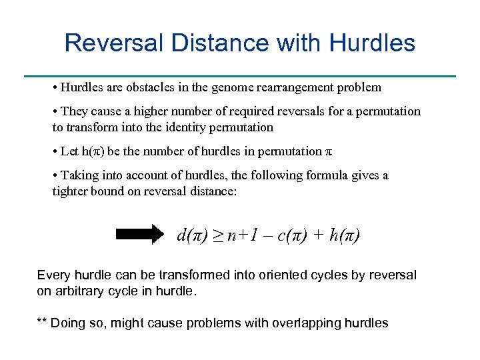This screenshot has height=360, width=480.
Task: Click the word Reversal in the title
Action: coord(114,43)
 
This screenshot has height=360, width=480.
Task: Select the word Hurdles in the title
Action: coord(372,43)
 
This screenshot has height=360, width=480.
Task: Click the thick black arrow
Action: coord(139,234)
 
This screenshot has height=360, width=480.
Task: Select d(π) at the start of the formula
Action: coord(192,235)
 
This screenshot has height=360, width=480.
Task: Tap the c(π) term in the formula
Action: coord(287,235)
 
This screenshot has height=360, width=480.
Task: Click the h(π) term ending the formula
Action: coord(345,235)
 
